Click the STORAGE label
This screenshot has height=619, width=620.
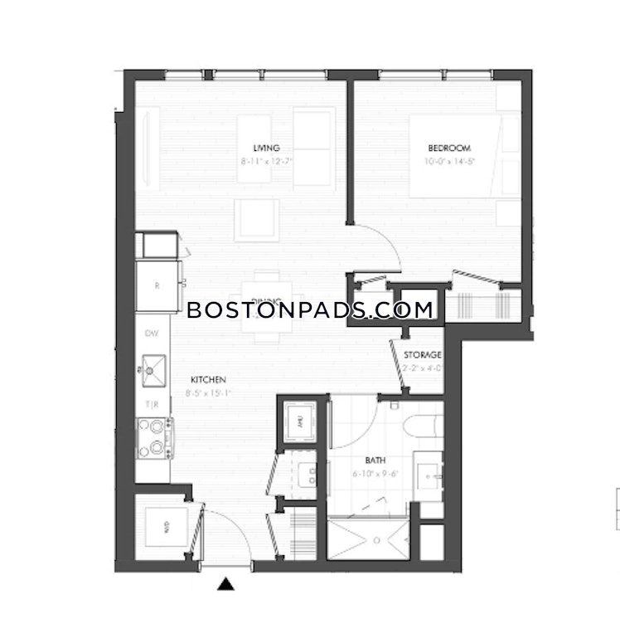pos(422,355)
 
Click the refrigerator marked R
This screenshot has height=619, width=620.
pos(157,285)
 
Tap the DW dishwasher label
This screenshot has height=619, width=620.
pos(152,334)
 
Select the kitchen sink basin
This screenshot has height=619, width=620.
pos(153,369)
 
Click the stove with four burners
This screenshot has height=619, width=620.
pos(153,437)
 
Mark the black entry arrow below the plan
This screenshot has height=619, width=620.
pos(225,585)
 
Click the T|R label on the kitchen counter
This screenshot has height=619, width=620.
pos(153,404)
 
